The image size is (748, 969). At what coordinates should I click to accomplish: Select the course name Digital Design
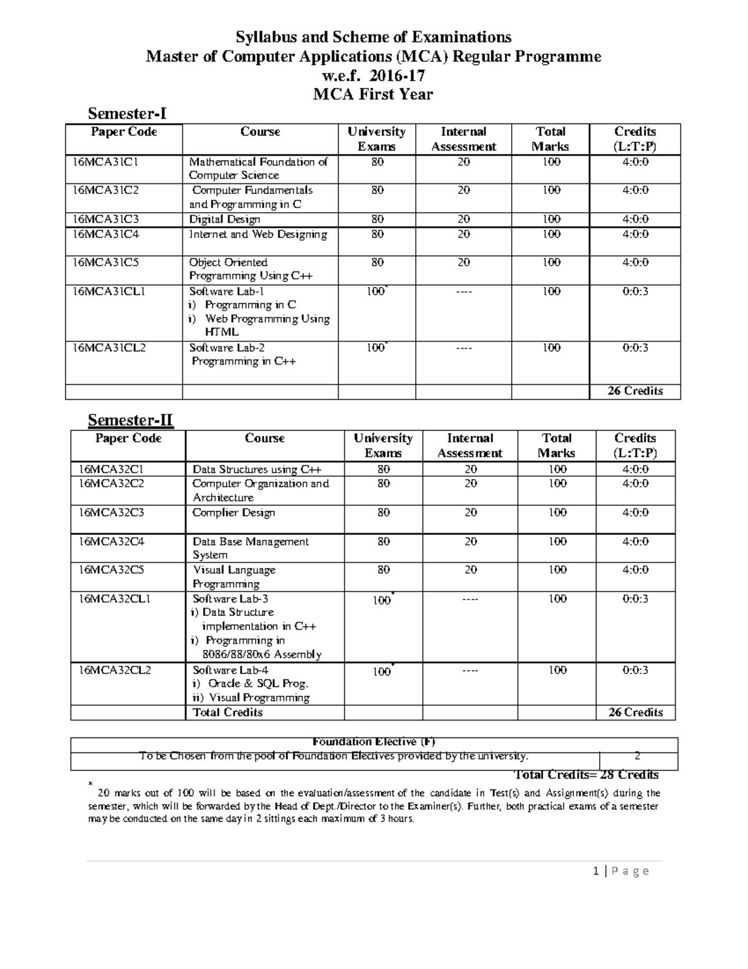[225, 220]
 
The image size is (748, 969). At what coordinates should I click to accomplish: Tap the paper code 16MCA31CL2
[109, 348]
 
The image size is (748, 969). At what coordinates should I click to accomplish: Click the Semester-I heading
[127, 114]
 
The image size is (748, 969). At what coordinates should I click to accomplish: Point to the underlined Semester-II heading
[130, 421]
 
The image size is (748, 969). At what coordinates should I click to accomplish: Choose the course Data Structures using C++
[257, 470]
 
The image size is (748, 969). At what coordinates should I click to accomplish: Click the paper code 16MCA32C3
[107, 513]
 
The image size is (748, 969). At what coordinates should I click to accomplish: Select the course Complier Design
[234, 513]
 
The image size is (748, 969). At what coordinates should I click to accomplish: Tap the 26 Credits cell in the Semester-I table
[635, 391]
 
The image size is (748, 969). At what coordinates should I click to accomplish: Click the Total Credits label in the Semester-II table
[228, 713]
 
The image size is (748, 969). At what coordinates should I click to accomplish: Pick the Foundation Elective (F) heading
[373, 742]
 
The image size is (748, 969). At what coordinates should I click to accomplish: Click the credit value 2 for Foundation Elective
[637, 756]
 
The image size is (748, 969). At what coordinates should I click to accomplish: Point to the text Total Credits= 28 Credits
[585, 775]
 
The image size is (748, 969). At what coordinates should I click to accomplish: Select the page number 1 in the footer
[597, 871]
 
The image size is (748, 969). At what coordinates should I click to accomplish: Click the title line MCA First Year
[373, 95]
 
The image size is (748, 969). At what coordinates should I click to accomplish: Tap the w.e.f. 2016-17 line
[373, 76]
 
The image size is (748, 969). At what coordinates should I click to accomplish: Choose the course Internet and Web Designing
[258, 235]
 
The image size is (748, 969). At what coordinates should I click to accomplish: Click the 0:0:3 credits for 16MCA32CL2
[635, 670]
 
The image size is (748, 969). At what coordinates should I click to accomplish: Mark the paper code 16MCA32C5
[107, 570]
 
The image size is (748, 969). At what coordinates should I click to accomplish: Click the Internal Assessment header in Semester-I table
[463, 139]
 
